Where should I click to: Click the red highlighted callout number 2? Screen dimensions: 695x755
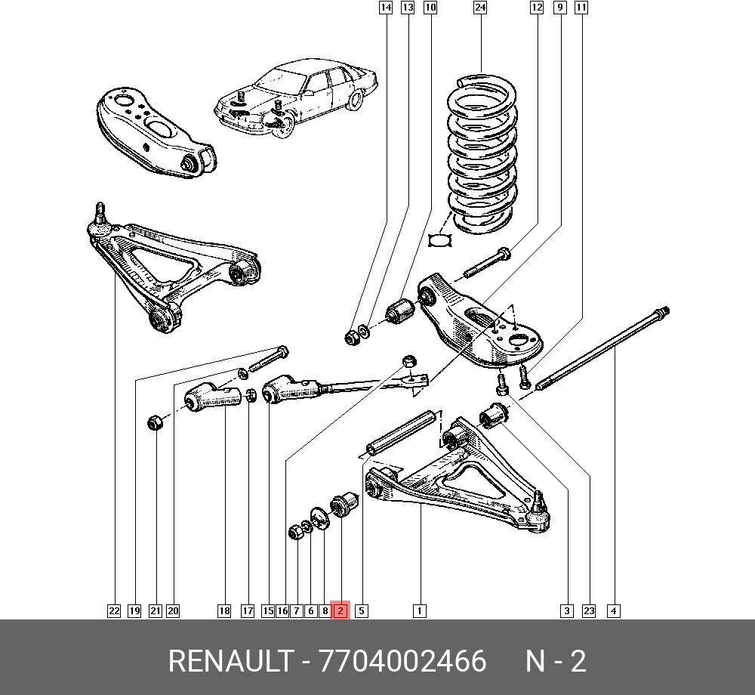coord(340,610)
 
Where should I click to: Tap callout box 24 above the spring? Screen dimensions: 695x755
coord(479,8)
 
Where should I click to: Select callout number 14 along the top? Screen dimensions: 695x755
coord(385,8)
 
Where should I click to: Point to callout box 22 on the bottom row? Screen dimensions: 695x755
coord(113,610)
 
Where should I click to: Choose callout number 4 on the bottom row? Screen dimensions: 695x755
coord(614,610)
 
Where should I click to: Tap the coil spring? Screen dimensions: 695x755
coord(482,151)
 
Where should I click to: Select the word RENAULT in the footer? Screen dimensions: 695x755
coord(230,662)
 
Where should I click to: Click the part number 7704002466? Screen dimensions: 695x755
coord(403,662)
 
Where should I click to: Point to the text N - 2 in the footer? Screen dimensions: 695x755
coord(556,662)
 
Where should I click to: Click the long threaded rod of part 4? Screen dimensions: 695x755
coord(604,347)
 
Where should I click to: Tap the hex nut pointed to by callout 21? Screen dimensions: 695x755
coord(156,423)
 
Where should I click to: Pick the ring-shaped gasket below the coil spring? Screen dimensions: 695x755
coord(439,240)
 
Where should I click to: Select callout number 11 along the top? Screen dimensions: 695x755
coord(581,8)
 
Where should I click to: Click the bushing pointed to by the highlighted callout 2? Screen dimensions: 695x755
coord(345,503)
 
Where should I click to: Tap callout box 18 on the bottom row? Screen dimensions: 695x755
coord(223,610)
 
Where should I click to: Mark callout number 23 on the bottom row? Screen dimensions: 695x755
coord(589,610)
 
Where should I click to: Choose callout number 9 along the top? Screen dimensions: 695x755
coord(559,8)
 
